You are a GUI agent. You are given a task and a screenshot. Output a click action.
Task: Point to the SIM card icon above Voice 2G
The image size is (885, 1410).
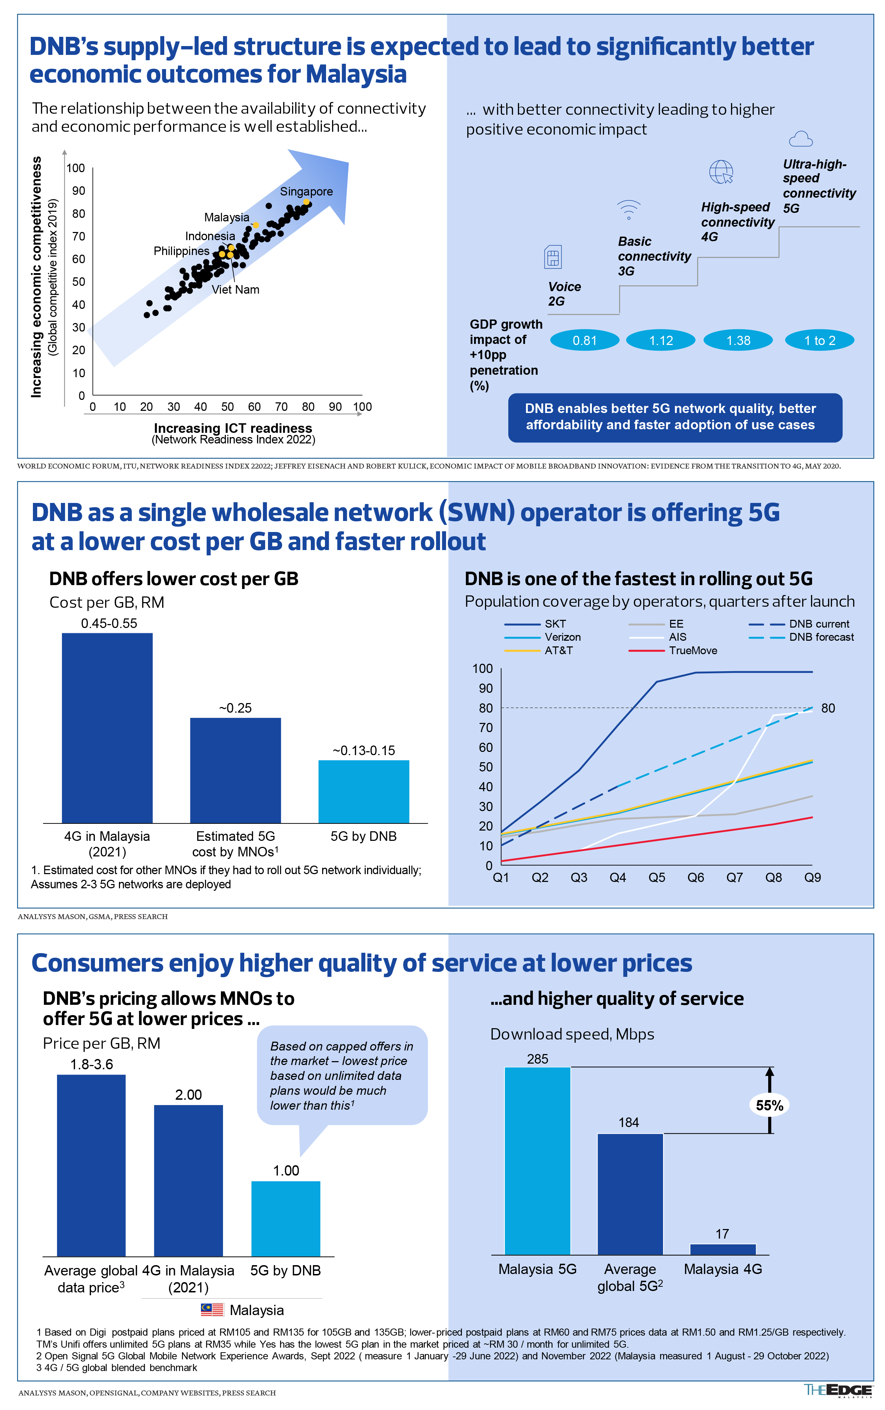coord(553,257)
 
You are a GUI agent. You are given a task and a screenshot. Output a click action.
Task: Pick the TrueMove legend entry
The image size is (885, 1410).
coord(673,651)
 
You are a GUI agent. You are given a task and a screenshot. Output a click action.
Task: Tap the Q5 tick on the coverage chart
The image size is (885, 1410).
coord(657,877)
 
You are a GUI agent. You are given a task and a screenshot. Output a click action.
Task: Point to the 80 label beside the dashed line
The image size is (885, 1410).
coord(828,708)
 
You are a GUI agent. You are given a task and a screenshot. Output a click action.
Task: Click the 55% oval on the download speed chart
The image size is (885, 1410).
coord(769,1105)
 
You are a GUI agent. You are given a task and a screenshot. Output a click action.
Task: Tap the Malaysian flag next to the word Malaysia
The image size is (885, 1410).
coord(212,1309)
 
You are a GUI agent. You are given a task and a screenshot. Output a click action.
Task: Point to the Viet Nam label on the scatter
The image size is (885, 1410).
coord(235,290)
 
